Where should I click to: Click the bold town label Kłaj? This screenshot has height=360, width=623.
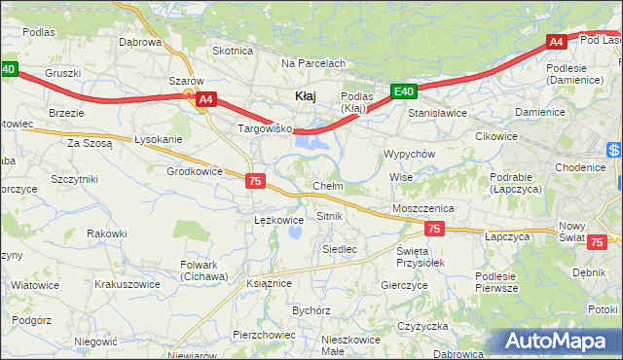[x=304, y=95]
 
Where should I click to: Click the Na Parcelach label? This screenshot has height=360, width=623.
[x=313, y=63]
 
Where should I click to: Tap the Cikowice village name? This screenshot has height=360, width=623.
[x=496, y=136]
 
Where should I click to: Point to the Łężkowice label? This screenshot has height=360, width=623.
[x=278, y=220]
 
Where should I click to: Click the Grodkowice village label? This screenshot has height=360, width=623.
[x=195, y=171]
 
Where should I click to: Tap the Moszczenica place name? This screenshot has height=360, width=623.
[x=423, y=208]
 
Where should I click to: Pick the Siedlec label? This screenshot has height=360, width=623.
[x=340, y=249]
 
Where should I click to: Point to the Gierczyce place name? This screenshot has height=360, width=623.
[x=405, y=285]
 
